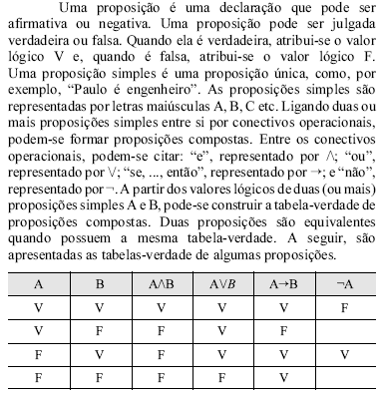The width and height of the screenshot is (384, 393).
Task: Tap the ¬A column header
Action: [344, 283]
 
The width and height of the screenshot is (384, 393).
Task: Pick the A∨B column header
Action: [220, 283]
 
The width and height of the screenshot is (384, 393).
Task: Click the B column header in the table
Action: [99, 283]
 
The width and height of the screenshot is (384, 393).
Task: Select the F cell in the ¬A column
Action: [344, 307]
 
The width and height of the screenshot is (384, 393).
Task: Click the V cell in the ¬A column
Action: [344, 354]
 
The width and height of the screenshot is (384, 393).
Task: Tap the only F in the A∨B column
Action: [220, 378]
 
